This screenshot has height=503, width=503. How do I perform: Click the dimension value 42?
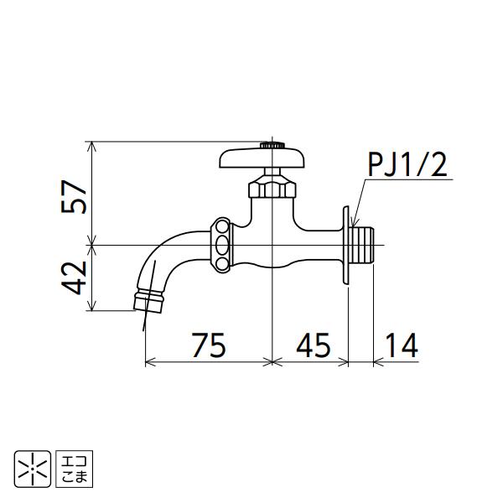(76, 277)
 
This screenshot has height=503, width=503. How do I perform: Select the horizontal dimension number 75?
(208, 345)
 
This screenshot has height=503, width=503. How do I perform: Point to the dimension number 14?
(401, 345)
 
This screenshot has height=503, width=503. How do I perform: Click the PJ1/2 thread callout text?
(408, 165)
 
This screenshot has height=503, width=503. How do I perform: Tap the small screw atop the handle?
(270, 144)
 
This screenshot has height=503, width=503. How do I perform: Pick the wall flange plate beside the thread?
(345, 244)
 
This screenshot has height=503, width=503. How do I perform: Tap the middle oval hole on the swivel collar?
(222, 245)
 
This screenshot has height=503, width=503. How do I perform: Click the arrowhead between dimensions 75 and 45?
(272, 362)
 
